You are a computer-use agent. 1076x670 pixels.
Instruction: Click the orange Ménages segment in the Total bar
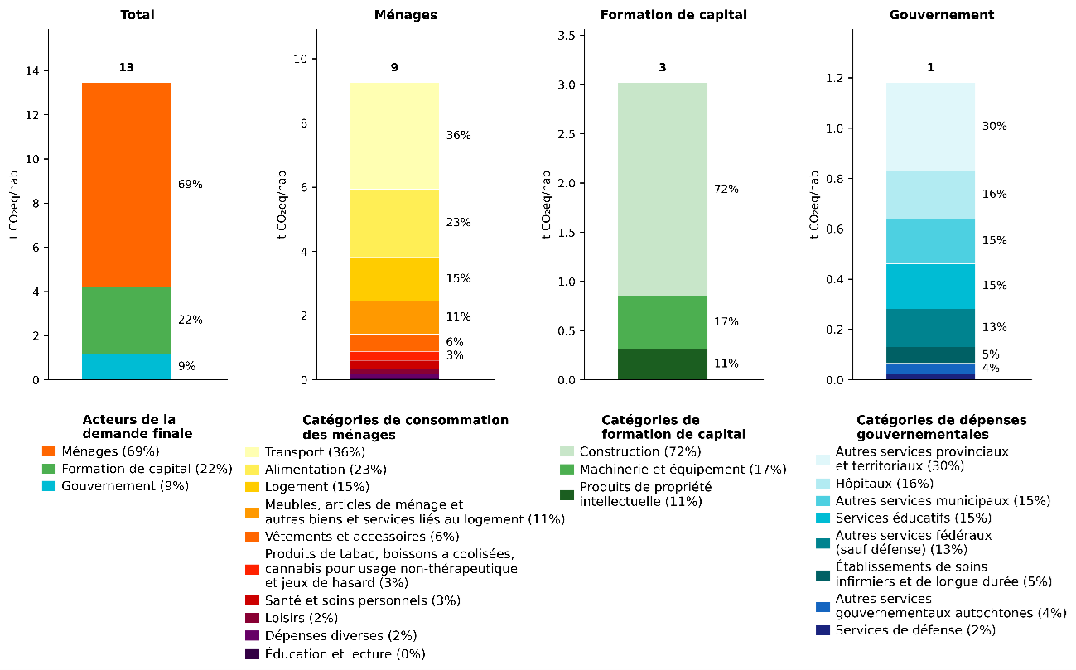pyautogui.click(x=126, y=185)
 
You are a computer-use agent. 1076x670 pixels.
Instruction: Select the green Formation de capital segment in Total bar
pyautogui.click(x=126, y=321)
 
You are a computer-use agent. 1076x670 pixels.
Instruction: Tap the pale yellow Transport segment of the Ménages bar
pyautogui.click(x=393, y=136)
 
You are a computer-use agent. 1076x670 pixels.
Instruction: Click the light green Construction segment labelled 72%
pyautogui.click(x=662, y=190)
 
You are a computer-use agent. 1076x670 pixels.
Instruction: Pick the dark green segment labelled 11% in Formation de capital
pyautogui.click(x=662, y=364)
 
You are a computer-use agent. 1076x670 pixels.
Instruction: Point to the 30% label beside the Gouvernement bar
pyautogui.click(x=994, y=127)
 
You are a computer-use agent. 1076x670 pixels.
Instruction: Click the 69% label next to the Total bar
pyautogui.click(x=190, y=185)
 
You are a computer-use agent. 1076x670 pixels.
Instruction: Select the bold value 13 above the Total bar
pyautogui.click(x=126, y=68)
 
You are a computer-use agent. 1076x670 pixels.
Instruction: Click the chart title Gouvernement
pyautogui.click(x=929, y=15)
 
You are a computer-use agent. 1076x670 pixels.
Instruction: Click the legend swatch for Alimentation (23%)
pyautogui.click(x=252, y=470)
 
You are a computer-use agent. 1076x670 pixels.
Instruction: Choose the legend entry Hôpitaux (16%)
pyautogui.click(x=872, y=484)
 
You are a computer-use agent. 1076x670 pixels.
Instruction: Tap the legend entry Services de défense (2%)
pyautogui.click(x=914, y=630)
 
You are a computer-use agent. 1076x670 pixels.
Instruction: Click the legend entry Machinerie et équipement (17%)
pyautogui.click(x=683, y=470)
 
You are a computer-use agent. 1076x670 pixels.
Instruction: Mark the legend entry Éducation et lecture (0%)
pyautogui.click(x=345, y=654)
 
